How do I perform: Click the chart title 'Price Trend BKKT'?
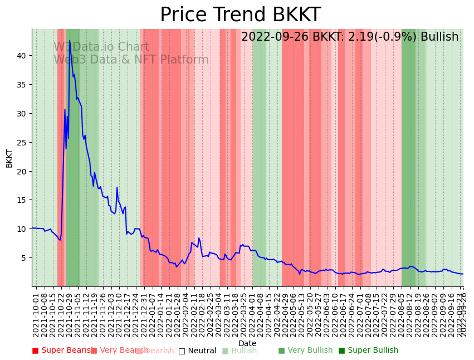coord(240,15)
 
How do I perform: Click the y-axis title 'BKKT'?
coord(9,158)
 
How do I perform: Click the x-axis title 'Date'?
coord(247,343)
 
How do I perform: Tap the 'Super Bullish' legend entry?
coord(368,351)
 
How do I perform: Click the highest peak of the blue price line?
coord(69,41)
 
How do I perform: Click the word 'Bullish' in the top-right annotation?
coord(439,37)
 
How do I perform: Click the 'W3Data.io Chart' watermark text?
coord(101,47)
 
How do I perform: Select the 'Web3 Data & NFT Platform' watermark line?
coord(131,60)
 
